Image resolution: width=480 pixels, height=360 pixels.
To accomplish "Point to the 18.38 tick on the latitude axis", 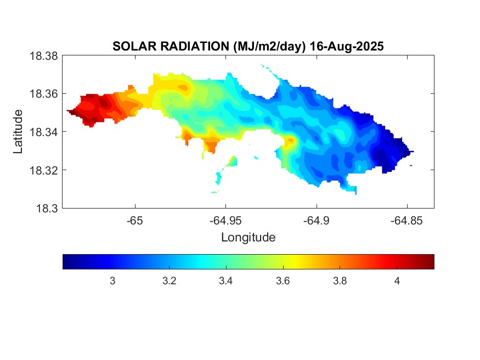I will pos(43,55).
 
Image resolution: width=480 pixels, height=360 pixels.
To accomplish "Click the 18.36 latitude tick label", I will pos(43,94).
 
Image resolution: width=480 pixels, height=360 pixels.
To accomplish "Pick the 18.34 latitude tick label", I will pos(43,132).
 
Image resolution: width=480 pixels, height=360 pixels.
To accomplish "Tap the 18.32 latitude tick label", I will pos(43,170).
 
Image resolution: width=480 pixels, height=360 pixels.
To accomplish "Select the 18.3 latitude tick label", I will pos(46,208).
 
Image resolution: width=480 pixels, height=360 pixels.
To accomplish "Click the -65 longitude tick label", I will pos(134,221).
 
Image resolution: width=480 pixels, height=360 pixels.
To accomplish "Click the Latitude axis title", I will pos(18,132).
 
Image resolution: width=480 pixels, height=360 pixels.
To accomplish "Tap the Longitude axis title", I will pos(248,238).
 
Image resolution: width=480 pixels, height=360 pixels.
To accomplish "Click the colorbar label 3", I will pos(112,281).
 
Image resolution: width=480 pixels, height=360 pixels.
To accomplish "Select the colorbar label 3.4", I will pos(226,281).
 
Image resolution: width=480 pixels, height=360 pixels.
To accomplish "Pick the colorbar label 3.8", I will pos(340,281).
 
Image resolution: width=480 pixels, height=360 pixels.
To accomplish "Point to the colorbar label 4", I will pos(397,281).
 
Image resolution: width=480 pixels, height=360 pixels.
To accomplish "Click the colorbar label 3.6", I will pos(283,281).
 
